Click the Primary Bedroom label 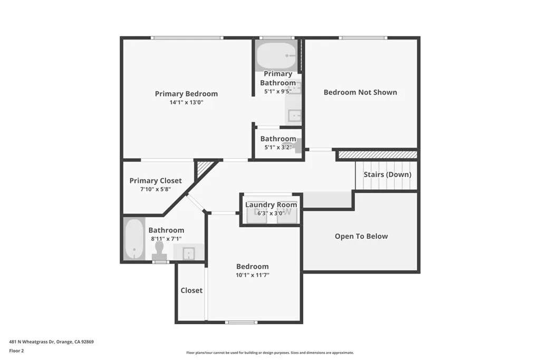[x=186, y=94]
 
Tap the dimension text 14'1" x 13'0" [x=186, y=103]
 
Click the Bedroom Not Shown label [x=360, y=92]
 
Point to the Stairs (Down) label [x=387, y=174]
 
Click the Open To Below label [x=361, y=236]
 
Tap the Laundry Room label [x=271, y=205]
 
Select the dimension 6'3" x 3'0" [x=271, y=213]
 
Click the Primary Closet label [x=156, y=181]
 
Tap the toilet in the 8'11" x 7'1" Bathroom [x=160, y=251]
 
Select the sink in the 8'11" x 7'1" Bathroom [x=189, y=253]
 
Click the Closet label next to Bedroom [x=191, y=290]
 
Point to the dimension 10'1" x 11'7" [x=252, y=275]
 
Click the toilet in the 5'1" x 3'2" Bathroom [x=298, y=145]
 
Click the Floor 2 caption [x=16, y=351]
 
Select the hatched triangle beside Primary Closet [x=203, y=168]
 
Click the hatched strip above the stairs [x=377, y=155]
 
